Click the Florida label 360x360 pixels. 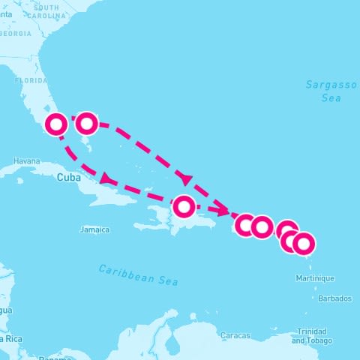click(31, 80)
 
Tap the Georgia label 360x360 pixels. click(16, 34)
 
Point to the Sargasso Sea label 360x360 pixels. click(331, 91)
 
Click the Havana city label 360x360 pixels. click(25, 161)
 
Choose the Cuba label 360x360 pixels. click(67, 178)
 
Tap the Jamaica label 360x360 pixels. click(95, 229)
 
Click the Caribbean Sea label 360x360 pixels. click(139, 274)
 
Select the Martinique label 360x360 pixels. click(313, 278)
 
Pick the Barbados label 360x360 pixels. click(334, 298)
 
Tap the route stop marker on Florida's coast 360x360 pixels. click(56, 124)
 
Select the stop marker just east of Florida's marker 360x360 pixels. click(87, 122)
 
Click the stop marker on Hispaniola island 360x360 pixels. click(184, 205)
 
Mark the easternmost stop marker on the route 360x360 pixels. click(303, 244)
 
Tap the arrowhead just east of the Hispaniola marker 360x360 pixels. click(226, 213)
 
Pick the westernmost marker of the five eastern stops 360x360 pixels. click(245, 224)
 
